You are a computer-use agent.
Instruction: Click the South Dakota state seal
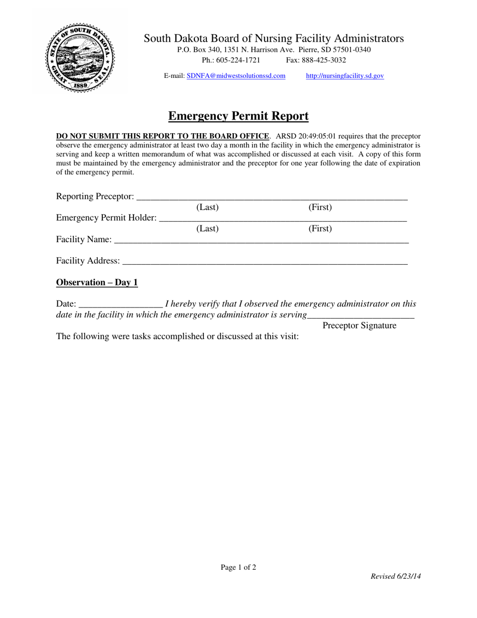click(x=80, y=57)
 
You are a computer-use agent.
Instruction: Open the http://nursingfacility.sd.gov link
click(x=345, y=76)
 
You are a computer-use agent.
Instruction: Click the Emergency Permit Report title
click(x=238, y=117)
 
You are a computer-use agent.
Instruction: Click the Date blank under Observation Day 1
click(x=121, y=304)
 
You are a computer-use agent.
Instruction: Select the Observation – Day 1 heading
click(x=97, y=283)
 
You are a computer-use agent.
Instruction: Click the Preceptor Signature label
click(x=359, y=326)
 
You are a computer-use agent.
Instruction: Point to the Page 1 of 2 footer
click(x=238, y=568)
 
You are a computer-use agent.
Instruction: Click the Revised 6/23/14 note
click(x=395, y=577)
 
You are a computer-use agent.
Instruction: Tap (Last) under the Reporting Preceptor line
click(x=207, y=207)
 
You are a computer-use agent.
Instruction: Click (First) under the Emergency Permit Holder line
click(x=320, y=229)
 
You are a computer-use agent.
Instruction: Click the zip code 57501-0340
click(x=351, y=50)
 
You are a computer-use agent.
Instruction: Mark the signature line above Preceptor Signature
click(x=361, y=317)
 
